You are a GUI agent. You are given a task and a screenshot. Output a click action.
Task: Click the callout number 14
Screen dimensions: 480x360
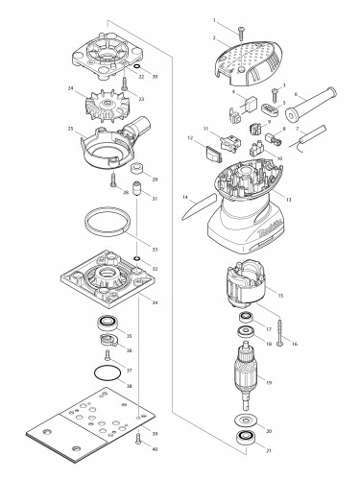coord(183,198)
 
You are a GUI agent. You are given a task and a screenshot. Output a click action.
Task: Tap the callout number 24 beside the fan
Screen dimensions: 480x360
coord(71,92)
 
